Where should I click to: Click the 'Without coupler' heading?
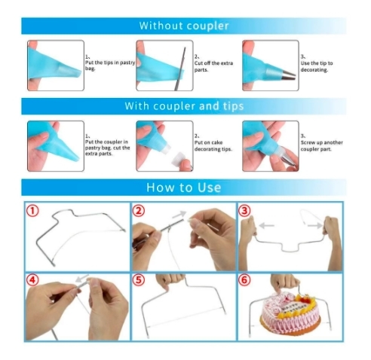pyautogui.click(x=184, y=26)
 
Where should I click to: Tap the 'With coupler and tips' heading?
pyautogui.click(x=184, y=106)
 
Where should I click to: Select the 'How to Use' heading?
pyautogui.click(x=184, y=188)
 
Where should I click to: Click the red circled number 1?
pyautogui.click(x=32, y=211)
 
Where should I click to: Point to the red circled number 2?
pyautogui.click(x=139, y=210)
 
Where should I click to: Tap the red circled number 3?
pyautogui.click(x=244, y=211)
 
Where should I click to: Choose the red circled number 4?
pyautogui.click(x=32, y=279)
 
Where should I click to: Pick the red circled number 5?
pyautogui.click(x=139, y=279)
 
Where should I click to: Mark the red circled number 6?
pyautogui.click(x=244, y=279)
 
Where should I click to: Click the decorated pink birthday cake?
pyautogui.click(x=290, y=312)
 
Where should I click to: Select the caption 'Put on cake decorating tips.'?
pyautogui.click(x=213, y=146)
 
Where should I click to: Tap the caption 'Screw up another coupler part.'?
pyautogui.click(x=322, y=146)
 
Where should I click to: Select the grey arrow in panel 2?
pyautogui.click(x=179, y=215)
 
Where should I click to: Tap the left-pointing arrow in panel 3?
pyautogui.click(x=266, y=225)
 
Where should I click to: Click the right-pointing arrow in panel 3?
pyautogui.click(x=315, y=225)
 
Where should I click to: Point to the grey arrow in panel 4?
pyautogui.click(x=82, y=278)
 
